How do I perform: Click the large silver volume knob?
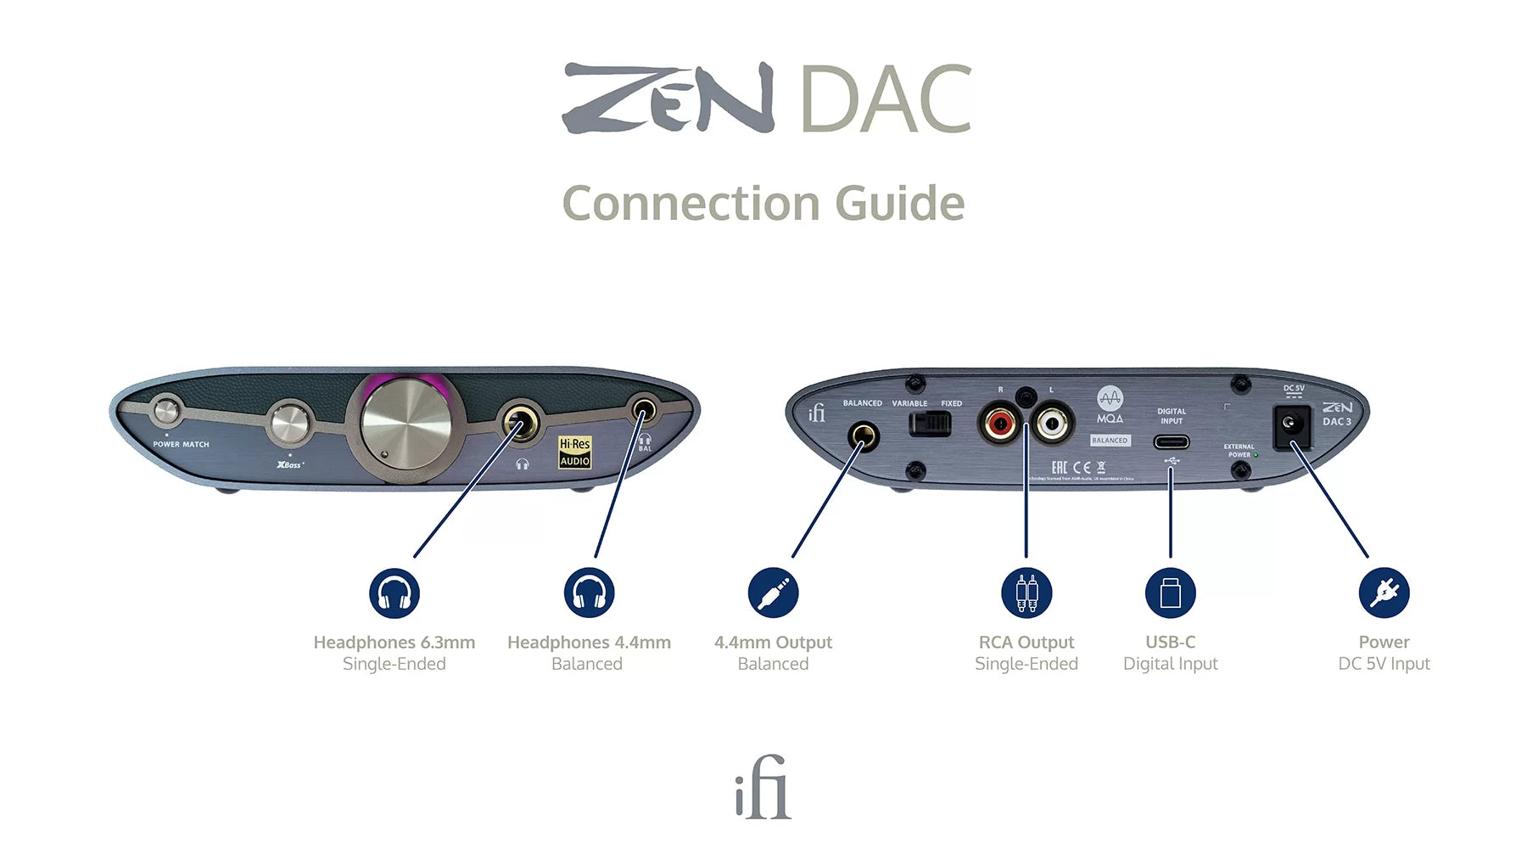coord(406,424)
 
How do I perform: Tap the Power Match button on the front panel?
coord(166,412)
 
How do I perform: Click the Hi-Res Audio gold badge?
coord(574,452)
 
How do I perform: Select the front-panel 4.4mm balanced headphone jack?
coord(644,413)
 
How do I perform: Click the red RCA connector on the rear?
coord(999,422)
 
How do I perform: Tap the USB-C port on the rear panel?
coord(1171,441)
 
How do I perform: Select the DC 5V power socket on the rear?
coord(1291,423)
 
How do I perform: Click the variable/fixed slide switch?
coord(930,423)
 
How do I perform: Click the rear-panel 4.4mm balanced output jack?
coord(863,438)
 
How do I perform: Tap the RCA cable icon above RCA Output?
coord(1026,593)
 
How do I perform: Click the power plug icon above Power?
coord(1384,593)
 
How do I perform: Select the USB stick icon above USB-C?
coord(1171,593)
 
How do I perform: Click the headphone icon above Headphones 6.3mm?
coord(394,593)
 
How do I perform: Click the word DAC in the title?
coord(885,100)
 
